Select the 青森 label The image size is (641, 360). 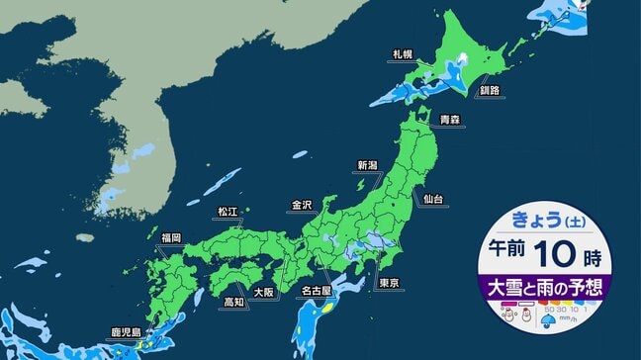click(x=450, y=119)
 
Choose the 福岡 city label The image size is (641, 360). click(x=170, y=237)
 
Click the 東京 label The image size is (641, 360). click(x=389, y=284)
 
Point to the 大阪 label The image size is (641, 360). click(x=262, y=293)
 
